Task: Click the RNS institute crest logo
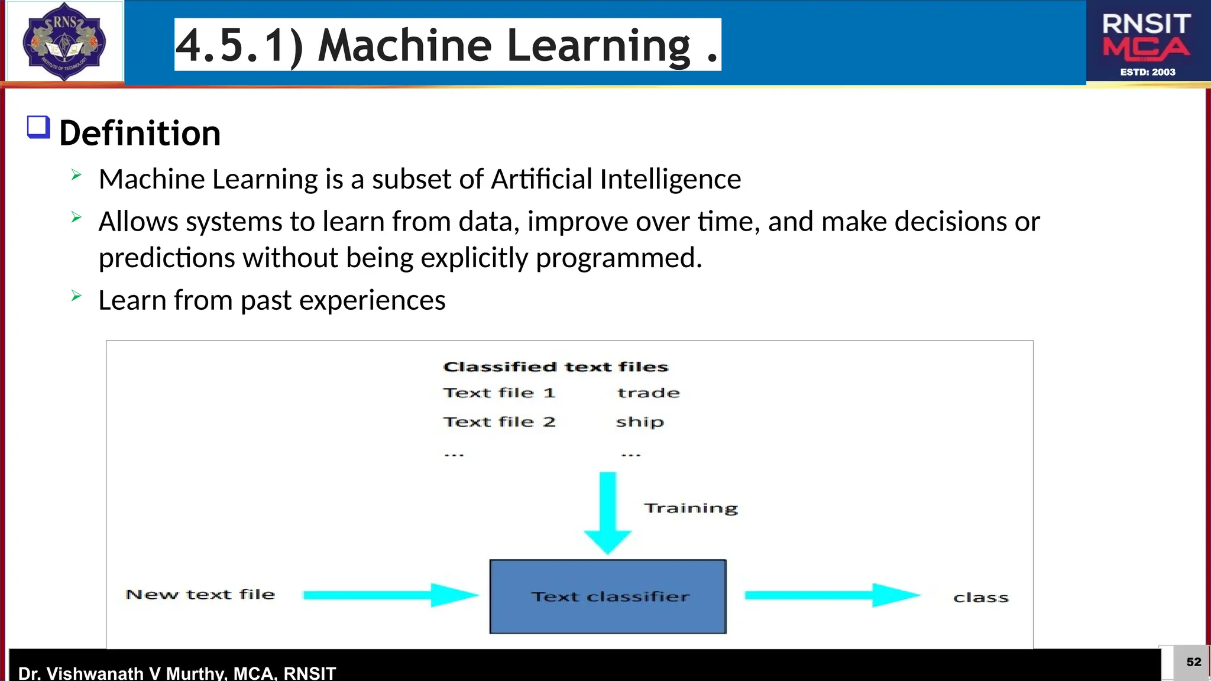[x=64, y=41]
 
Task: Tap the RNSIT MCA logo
[x=1147, y=43]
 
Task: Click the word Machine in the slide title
[x=404, y=45]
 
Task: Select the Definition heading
[x=140, y=133]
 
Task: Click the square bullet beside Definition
[x=38, y=127]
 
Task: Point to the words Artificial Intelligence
[x=616, y=179]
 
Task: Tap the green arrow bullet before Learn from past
[x=76, y=296]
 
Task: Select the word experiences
[x=372, y=300]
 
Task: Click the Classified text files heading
[x=555, y=367]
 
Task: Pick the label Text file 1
[x=499, y=393]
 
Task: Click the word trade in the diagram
[x=648, y=393]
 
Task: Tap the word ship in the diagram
[x=640, y=422]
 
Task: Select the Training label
[x=691, y=508]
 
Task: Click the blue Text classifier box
[x=608, y=596]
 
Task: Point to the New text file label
[x=200, y=595]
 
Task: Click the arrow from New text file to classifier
[x=390, y=595]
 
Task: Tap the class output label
[x=980, y=598]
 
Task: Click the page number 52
[x=1193, y=662]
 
